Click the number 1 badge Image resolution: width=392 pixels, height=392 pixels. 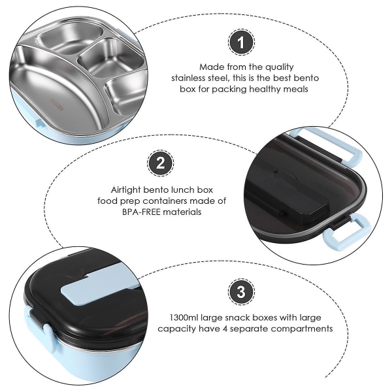point(241,42)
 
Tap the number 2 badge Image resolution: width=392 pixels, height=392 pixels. point(160,163)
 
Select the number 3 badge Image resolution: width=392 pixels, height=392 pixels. point(241,292)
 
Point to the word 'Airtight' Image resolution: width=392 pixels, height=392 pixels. point(125,190)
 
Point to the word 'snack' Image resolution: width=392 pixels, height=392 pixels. point(238,318)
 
